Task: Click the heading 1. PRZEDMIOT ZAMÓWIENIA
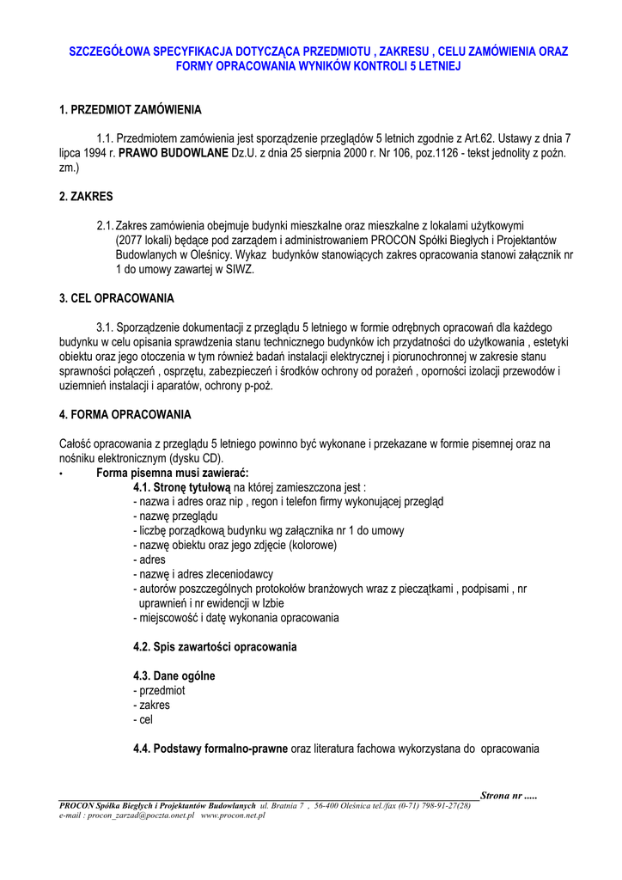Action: pyautogui.click(x=131, y=110)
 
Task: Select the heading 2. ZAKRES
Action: pyautogui.click(x=86, y=196)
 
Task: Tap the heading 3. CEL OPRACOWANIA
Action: pyautogui.click(x=117, y=298)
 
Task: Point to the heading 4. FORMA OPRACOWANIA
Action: pyautogui.click(x=125, y=414)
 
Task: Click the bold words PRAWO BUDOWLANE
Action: pyautogui.click(x=168, y=152)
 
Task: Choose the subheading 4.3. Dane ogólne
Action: pyautogui.click(x=174, y=676)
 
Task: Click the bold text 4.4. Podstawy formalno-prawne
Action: pyautogui.click(x=210, y=749)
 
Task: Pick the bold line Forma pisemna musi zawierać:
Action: pyautogui.click(x=173, y=473)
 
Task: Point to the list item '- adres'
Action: pyautogui.click(x=149, y=559)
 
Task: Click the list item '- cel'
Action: pyautogui.click(x=143, y=720)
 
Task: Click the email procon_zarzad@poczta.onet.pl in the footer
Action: pyautogui.click(x=141, y=815)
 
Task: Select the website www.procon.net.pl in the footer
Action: pyautogui.click(x=233, y=815)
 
